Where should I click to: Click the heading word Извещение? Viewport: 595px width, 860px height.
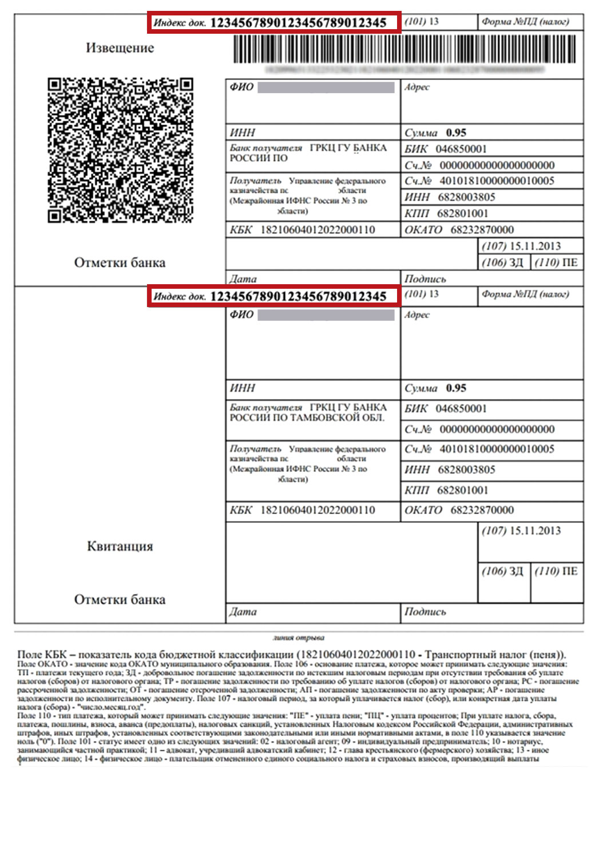pyautogui.click(x=120, y=48)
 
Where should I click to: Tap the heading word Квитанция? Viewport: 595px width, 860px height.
pyautogui.click(x=120, y=546)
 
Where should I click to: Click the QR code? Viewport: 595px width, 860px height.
pyautogui.click(x=120, y=150)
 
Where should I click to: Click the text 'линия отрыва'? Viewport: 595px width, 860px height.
pyautogui.click(x=298, y=638)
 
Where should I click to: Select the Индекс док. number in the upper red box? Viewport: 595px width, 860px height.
pyautogui.click(x=298, y=23)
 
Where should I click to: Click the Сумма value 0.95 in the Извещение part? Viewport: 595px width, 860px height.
pyautogui.click(x=456, y=133)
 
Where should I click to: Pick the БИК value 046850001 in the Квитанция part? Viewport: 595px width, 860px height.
pyautogui.click(x=461, y=408)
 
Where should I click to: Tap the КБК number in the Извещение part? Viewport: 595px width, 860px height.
pyautogui.click(x=318, y=230)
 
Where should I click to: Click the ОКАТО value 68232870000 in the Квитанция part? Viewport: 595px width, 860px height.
pyautogui.click(x=482, y=510)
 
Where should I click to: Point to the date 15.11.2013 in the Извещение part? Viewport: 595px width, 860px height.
pyautogui.click(x=535, y=246)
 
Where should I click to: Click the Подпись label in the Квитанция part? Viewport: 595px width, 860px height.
pyautogui.click(x=425, y=612)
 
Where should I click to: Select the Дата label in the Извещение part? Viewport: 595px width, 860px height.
pyautogui.click(x=243, y=279)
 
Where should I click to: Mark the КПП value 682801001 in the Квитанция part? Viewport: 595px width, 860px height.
pyautogui.click(x=462, y=490)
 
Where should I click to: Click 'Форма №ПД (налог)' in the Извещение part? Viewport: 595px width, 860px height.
pyautogui.click(x=525, y=22)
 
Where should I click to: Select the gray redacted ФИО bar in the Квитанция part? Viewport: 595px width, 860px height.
pyautogui.click(x=326, y=315)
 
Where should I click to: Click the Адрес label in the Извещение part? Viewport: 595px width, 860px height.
pyautogui.click(x=417, y=87)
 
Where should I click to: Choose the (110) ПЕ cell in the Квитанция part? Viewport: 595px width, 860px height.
pyautogui.click(x=556, y=571)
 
